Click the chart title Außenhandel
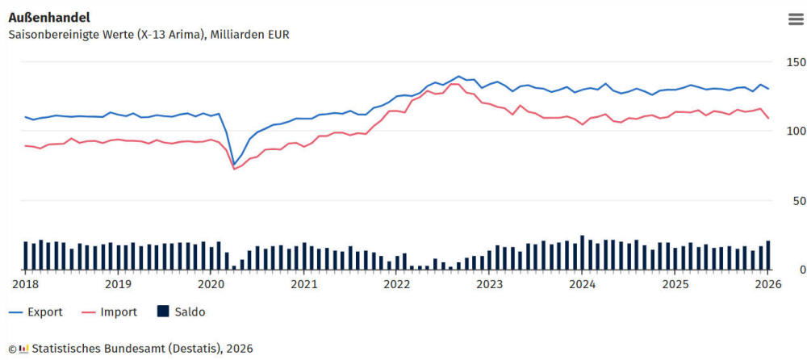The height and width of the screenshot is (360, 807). tap(49, 17)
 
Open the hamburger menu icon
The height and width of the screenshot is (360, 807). tap(796, 19)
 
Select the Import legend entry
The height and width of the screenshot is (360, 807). tap(117, 312)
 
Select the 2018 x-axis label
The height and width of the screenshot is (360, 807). tap(25, 284)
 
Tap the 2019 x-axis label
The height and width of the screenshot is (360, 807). tap(118, 284)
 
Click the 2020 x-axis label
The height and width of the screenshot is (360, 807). tap(211, 284)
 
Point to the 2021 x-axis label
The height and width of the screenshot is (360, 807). tap(303, 284)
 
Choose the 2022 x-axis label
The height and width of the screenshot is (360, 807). tap(397, 284)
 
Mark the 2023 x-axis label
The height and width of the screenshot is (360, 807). tap(490, 284)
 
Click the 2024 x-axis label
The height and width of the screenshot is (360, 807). tap(583, 284)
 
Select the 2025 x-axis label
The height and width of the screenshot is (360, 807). tap(675, 284)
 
